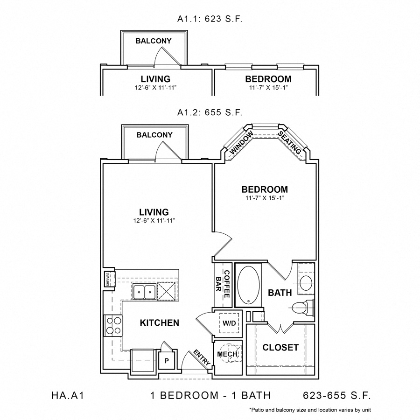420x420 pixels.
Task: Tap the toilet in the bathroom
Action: coord(301,308)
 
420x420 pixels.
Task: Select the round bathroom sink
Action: coord(306,282)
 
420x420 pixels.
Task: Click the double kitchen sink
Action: coord(144,293)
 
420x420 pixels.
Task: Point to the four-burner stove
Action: coord(112,325)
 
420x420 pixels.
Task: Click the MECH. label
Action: coord(228,355)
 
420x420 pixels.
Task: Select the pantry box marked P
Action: coord(166,360)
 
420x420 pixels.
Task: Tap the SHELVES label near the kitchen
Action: coord(108,279)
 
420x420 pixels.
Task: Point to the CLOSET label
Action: coord(280,348)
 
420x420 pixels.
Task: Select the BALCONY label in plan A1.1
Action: coord(153,41)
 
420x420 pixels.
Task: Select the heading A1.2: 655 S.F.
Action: coord(210,112)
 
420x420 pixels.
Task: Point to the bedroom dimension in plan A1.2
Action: coord(264,198)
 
